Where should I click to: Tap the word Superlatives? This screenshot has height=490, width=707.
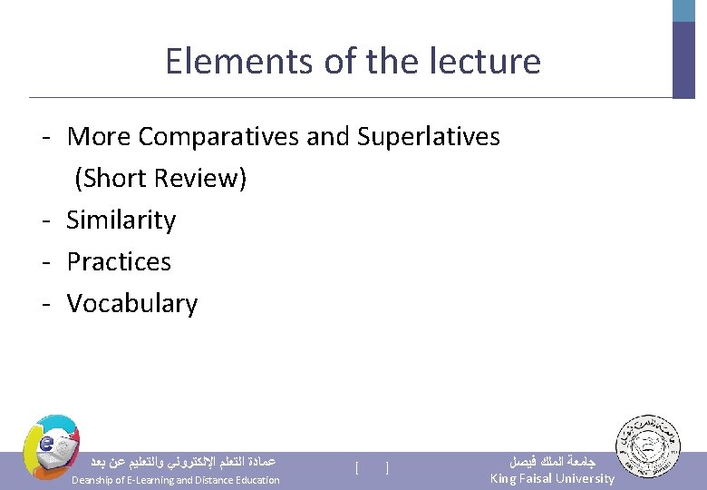(x=428, y=137)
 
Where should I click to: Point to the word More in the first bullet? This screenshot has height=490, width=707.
(x=99, y=137)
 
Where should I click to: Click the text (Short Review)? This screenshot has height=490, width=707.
(x=160, y=179)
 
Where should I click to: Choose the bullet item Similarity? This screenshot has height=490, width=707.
(x=121, y=220)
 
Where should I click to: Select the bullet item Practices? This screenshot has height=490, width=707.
(x=119, y=262)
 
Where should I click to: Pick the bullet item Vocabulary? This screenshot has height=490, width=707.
(x=132, y=304)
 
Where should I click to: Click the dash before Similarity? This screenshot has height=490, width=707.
(x=44, y=220)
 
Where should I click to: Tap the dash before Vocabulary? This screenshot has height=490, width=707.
(x=44, y=304)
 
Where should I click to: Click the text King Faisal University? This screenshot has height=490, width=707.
(x=552, y=478)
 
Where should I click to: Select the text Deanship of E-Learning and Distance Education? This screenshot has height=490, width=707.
(x=175, y=480)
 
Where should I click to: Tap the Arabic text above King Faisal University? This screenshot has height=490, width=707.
(x=549, y=460)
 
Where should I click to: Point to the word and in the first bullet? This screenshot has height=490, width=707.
(x=327, y=137)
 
